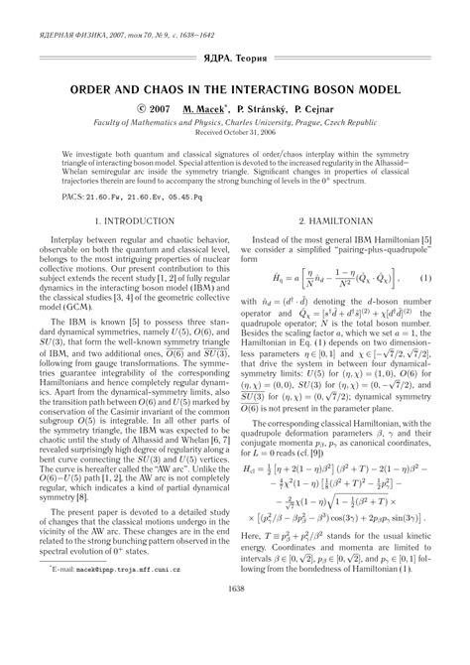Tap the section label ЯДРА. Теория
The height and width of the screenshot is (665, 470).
(235, 60)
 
